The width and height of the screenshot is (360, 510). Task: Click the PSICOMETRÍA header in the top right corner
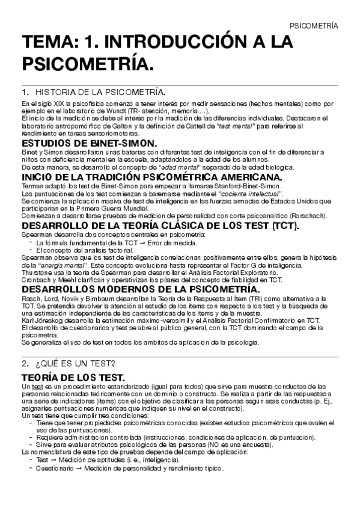click(314, 26)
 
